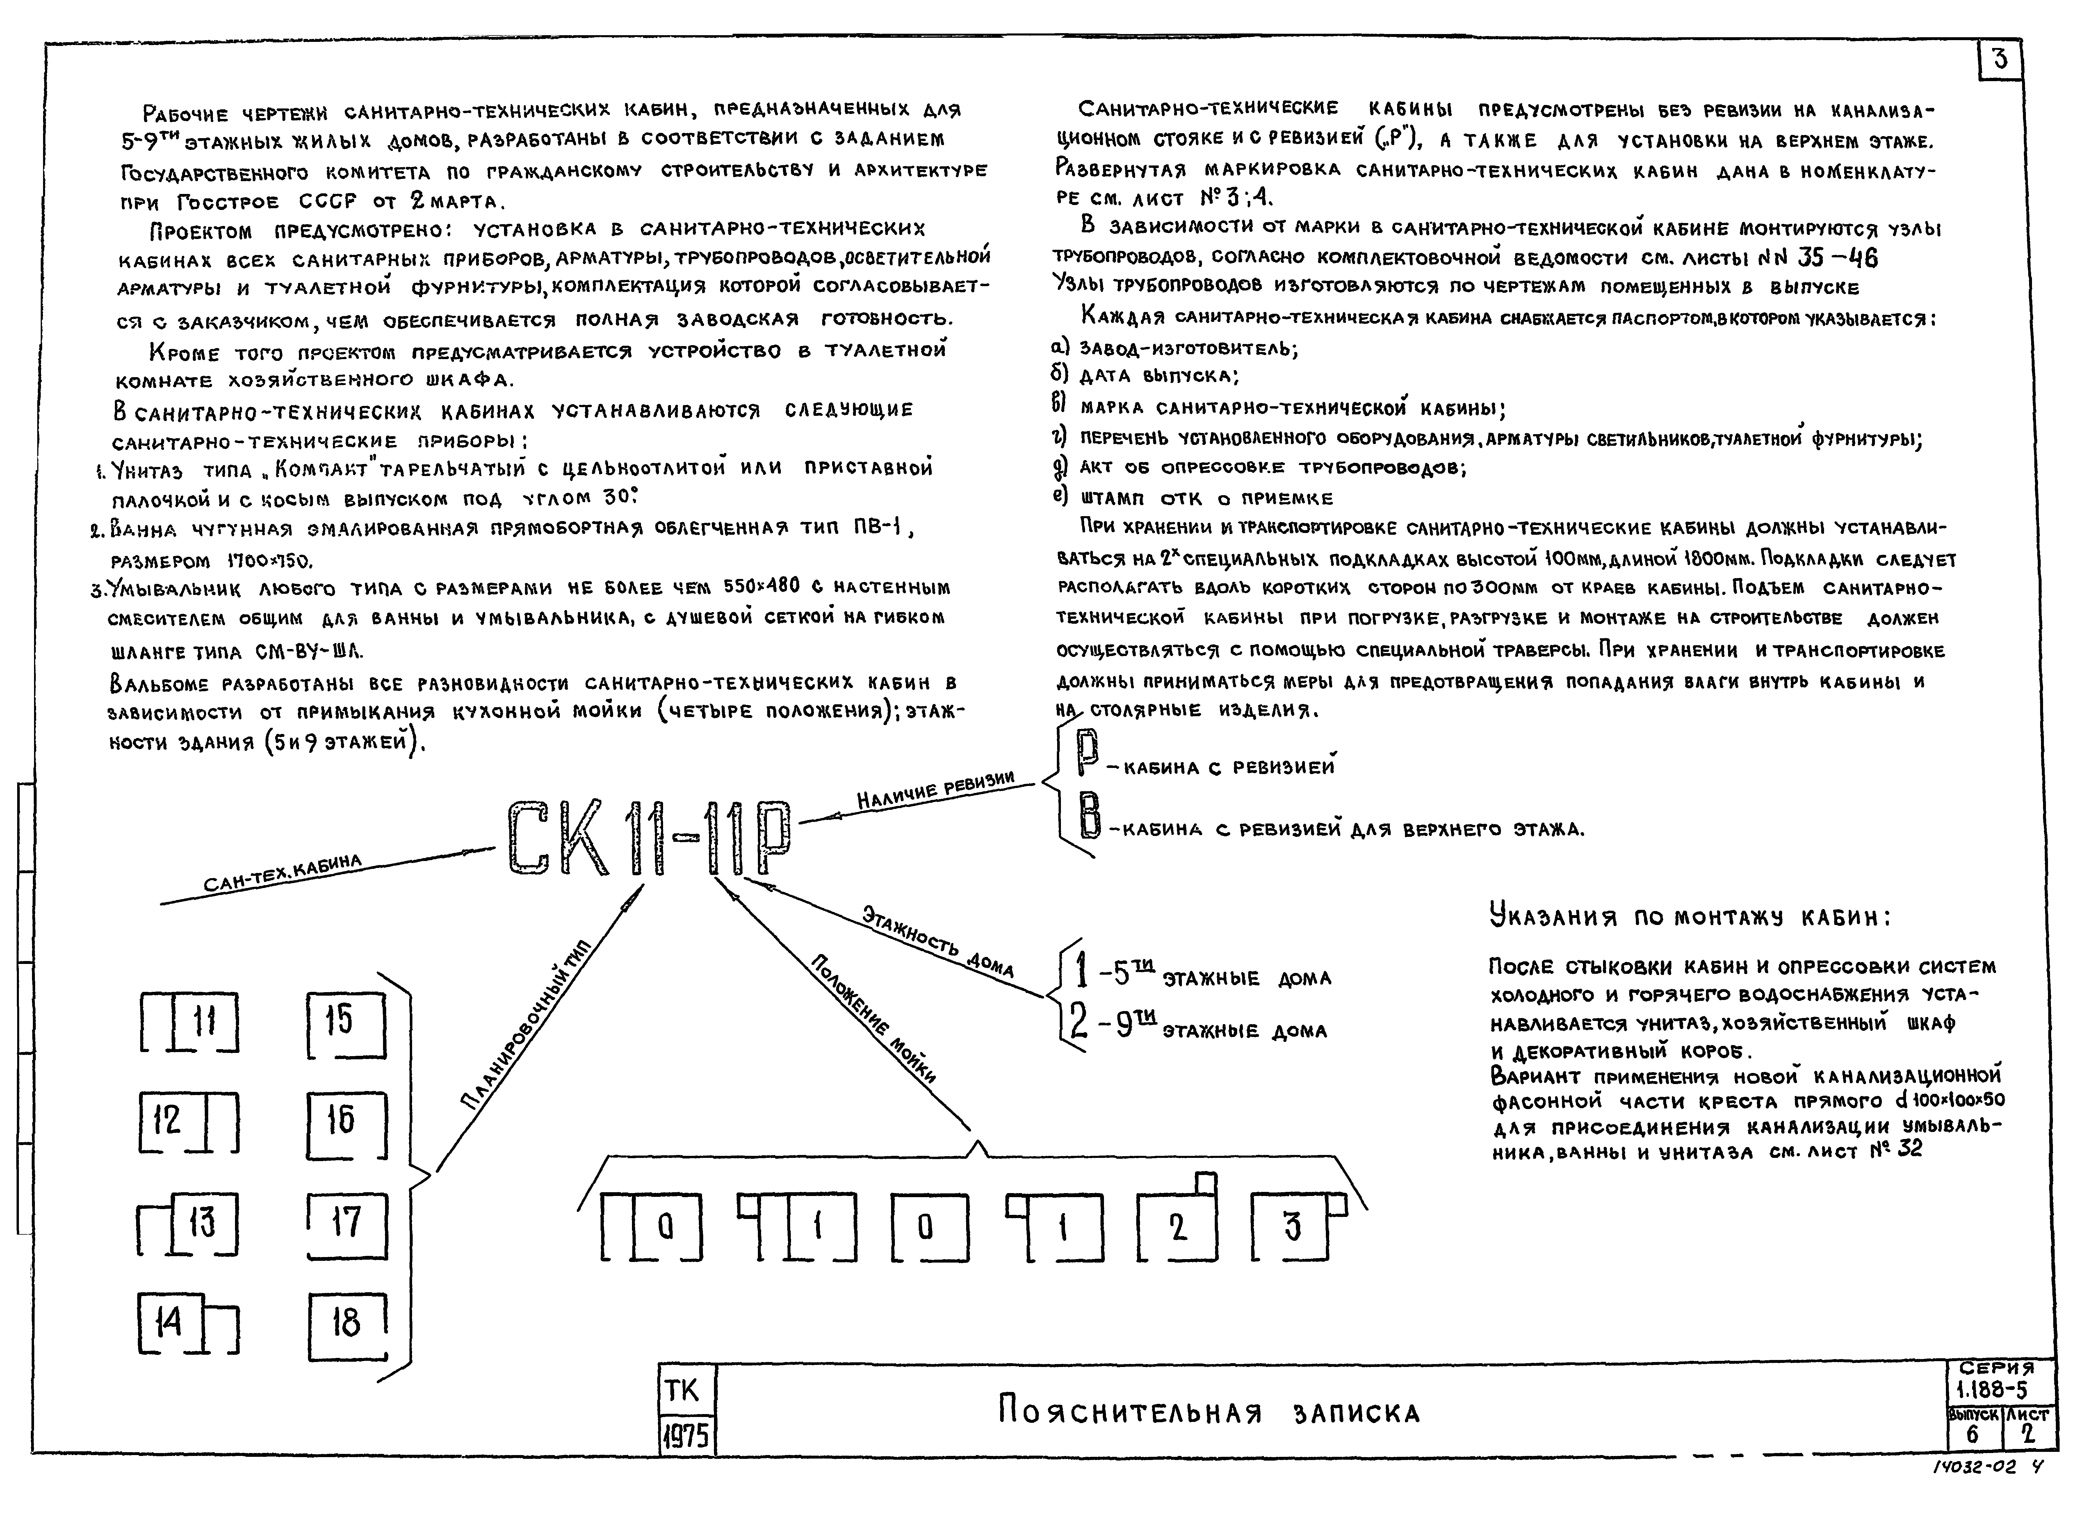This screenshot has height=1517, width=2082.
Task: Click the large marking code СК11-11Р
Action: (x=647, y=838)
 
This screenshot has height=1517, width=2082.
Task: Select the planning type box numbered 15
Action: (x=344, y=1022)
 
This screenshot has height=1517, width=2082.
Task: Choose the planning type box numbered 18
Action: (x=346, y=1325)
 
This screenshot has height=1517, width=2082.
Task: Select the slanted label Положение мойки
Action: (x=872, y=1019)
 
